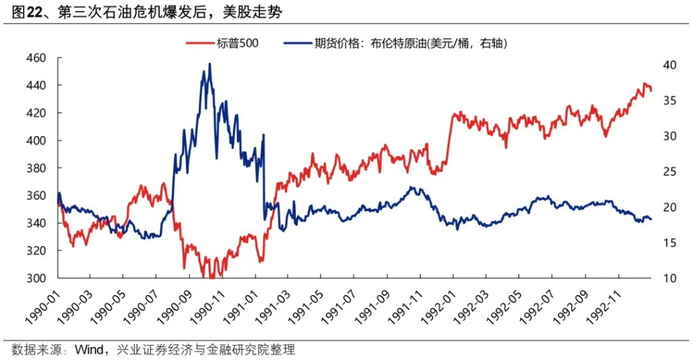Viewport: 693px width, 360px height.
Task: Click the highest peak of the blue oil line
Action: [x=209, y=64]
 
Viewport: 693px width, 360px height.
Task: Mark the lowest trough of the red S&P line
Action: [x=212, y=277]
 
